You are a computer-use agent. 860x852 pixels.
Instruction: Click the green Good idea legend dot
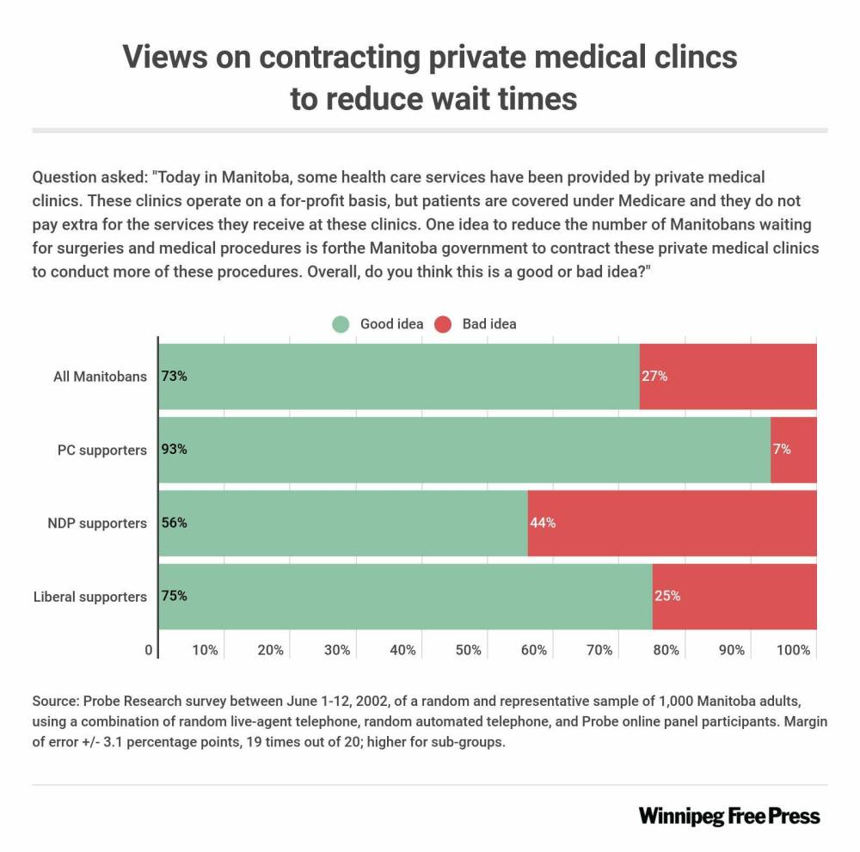click(341, 324)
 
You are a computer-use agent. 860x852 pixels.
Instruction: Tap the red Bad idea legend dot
click(442, 324)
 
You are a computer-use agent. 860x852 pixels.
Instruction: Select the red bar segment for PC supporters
click(793, 450)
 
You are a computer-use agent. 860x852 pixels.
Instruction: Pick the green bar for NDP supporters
click(344, 523)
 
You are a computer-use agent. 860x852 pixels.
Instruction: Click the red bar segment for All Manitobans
click(728, 377)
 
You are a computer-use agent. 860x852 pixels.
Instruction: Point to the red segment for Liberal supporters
click(734, 596)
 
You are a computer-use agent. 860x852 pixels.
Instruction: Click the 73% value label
click(174, 377)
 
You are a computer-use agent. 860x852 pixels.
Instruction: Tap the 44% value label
click(543, 523)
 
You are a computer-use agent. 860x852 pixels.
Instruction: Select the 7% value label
click(781, 450)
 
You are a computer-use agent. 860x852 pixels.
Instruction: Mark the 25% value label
click(667, 596)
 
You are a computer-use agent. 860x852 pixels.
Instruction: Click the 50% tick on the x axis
click(468, 651)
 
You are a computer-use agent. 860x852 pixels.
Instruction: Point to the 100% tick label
click(793, 651)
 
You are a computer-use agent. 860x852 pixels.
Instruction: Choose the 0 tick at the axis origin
click(149, 651)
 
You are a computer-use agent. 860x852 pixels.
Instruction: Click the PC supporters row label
click(102, 450)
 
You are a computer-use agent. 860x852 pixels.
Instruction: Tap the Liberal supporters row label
click(90, 596)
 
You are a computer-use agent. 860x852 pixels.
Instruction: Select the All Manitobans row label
click(98, 377)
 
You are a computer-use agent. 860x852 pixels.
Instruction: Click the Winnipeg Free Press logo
click(729, 815)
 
